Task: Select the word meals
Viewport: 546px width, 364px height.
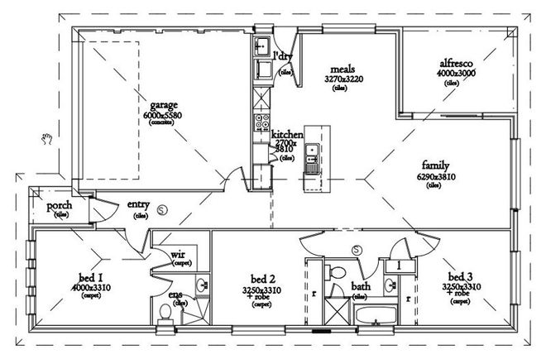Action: tap(342, 69)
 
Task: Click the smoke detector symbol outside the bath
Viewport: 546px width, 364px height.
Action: tap(357, 249)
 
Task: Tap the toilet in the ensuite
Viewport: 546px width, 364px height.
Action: tap(165, 313)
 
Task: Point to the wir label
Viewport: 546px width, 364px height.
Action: tap(178, 254)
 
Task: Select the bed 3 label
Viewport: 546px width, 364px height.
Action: tap(460, 275)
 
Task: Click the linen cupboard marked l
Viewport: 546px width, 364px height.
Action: tap(398, 265)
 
